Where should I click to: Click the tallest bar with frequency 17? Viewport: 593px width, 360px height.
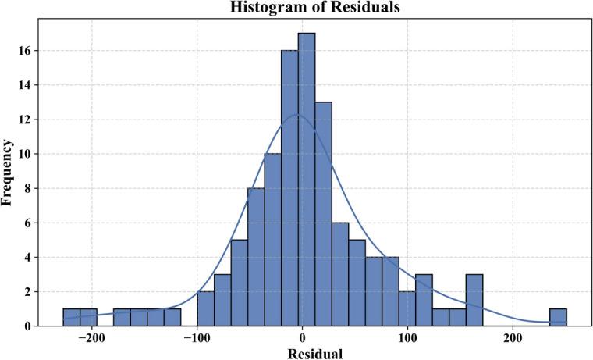(x=307, y=179)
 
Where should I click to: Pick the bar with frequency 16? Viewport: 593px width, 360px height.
(x=289, y=187)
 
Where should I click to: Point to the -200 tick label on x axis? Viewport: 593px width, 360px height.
(x=92, y=338)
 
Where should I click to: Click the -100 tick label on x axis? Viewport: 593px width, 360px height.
(x=197, y=338)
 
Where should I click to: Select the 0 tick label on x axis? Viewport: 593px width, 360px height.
(x=302, y=338)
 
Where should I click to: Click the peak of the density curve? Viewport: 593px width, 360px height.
(x=297, y=115)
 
